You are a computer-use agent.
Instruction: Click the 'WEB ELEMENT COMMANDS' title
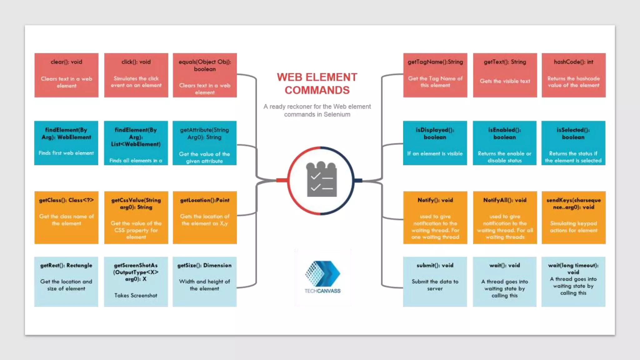(317, 83)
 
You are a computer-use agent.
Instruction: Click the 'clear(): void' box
(66, 75)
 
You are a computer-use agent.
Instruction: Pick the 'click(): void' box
(136, 75)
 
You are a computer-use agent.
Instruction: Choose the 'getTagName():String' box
(435, 75)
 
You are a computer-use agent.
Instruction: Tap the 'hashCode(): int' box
(573, 75)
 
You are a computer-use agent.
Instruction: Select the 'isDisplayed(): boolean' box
(435, 143)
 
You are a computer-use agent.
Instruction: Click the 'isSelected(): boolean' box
(573, 143)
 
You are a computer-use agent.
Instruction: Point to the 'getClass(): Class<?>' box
(66, 217)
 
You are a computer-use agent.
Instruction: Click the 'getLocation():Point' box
(205, 217)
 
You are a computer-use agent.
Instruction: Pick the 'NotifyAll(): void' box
(505, 217)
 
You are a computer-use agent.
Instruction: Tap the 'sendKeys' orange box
(573, 217)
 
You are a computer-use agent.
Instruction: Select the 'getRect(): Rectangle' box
(66, 281)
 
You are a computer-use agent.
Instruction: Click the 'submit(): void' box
(435, 281)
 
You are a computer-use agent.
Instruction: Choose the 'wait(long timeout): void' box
(573, 281)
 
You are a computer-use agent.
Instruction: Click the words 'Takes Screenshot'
(136, 295)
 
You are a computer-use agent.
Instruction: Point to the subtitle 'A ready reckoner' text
(317, 110)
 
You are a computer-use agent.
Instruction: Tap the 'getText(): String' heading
(505, 62)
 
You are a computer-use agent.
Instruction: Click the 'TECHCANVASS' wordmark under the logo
(322, 291)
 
